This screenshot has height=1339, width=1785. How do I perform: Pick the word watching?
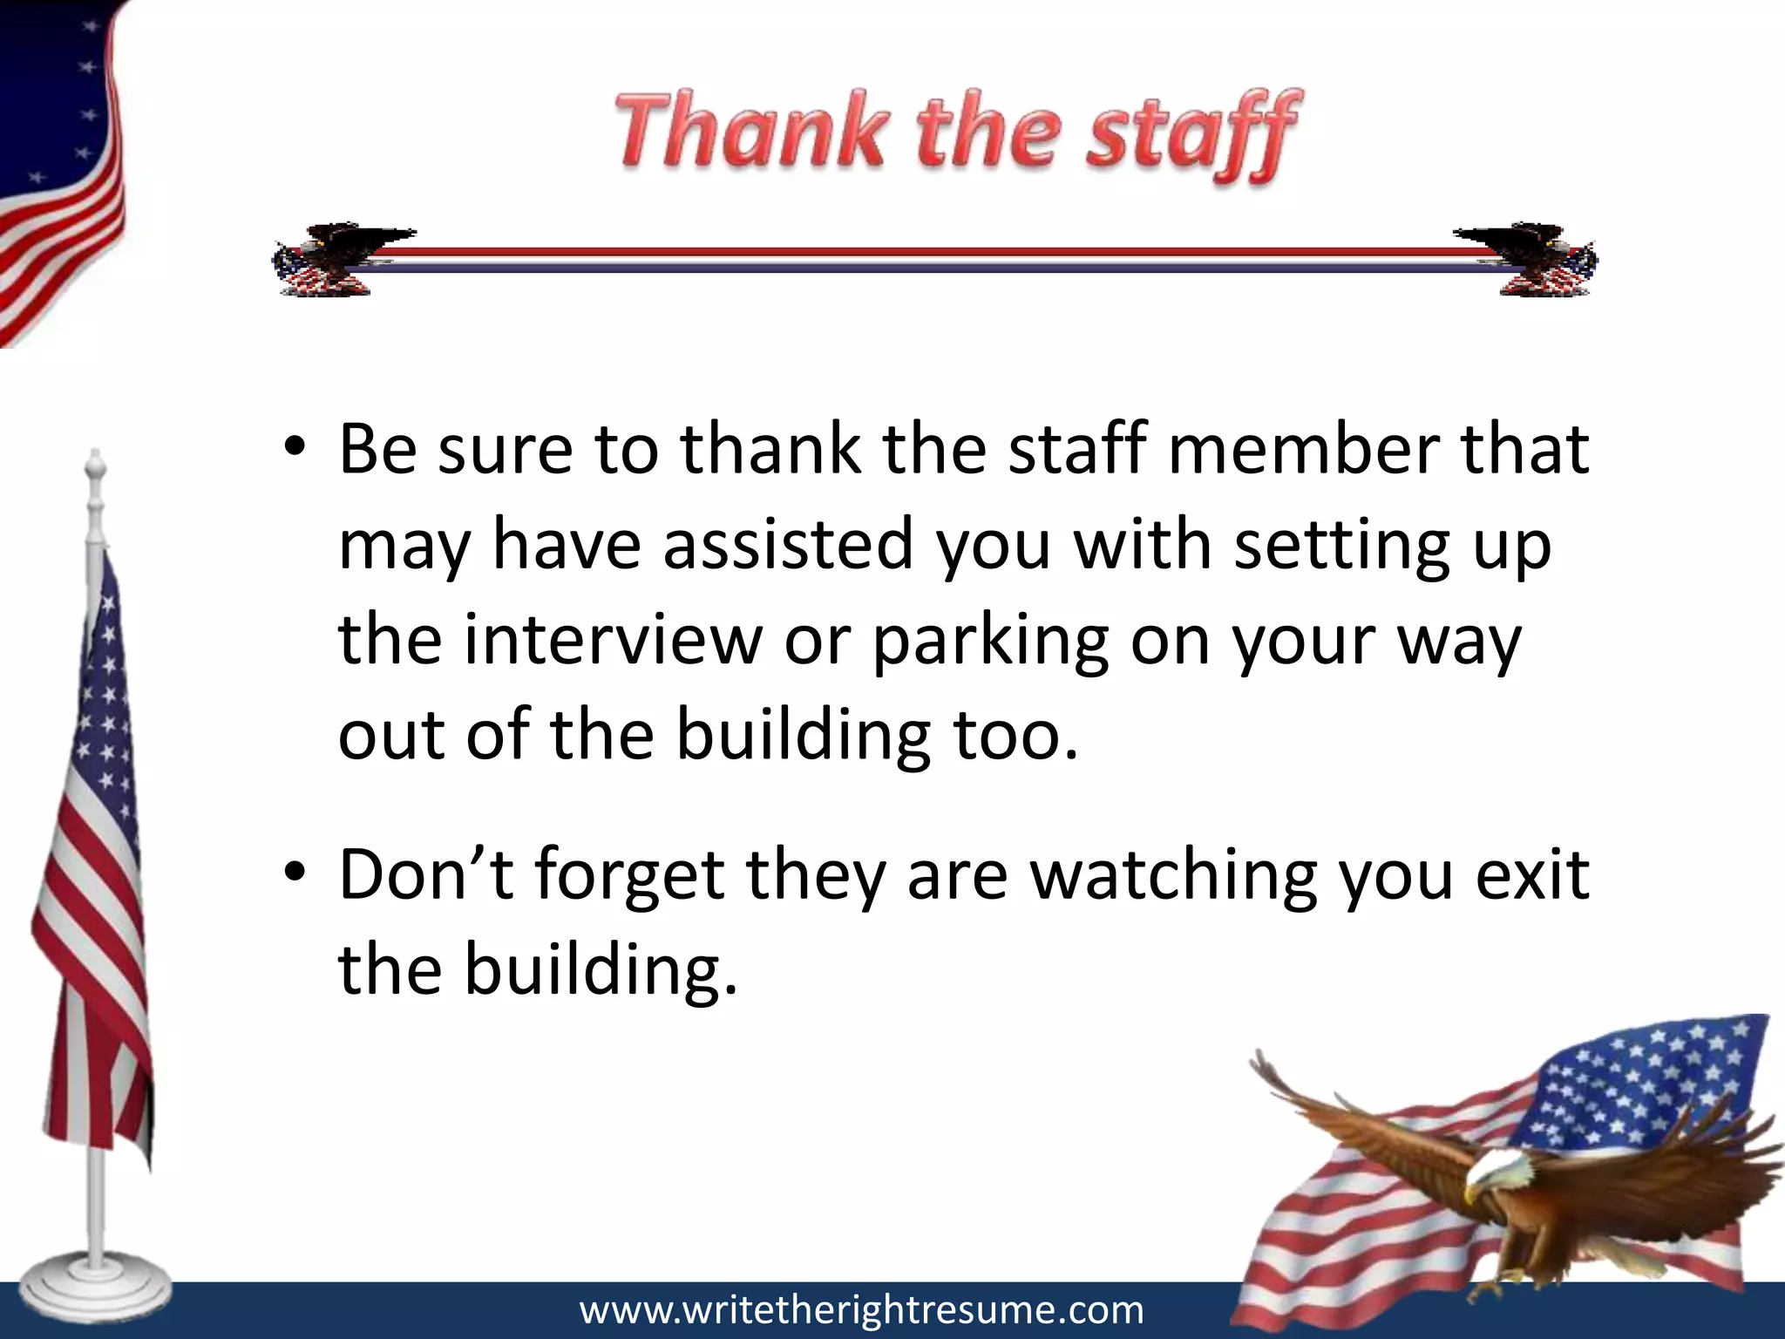pyautogui.click(x=1173, y=876)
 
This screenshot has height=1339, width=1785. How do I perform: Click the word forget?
pyautogui.click(x=628, y=876)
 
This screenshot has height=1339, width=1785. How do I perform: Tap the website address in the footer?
pyautogui.click(x=861, y=1310)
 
